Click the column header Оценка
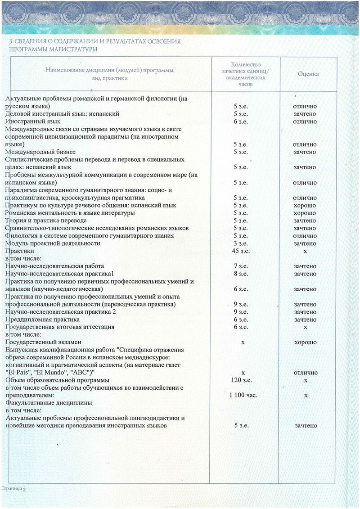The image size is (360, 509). pyautogui.click(x=308, y=74)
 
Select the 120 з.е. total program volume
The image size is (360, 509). pyautogui.click(x=241, y=380)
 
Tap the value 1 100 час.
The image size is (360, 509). pyautogui.click(x=241, y=395)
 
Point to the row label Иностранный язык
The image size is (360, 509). pyautogui.click(x=32, y=122)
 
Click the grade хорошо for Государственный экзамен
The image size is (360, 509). pyautogui.click(x=305, y=342)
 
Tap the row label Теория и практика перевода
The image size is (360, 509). pyautogui.click(x=46, y=221)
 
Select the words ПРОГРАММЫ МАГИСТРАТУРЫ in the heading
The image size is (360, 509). pyautogui.click(x=54, y=49)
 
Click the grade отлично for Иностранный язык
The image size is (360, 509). pyautogui.click(x=305, y=122)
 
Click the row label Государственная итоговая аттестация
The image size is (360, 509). pyautogui.click(x=59, y=327)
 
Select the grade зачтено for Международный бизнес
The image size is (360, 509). pyautogui.click(x=305, y=152)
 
